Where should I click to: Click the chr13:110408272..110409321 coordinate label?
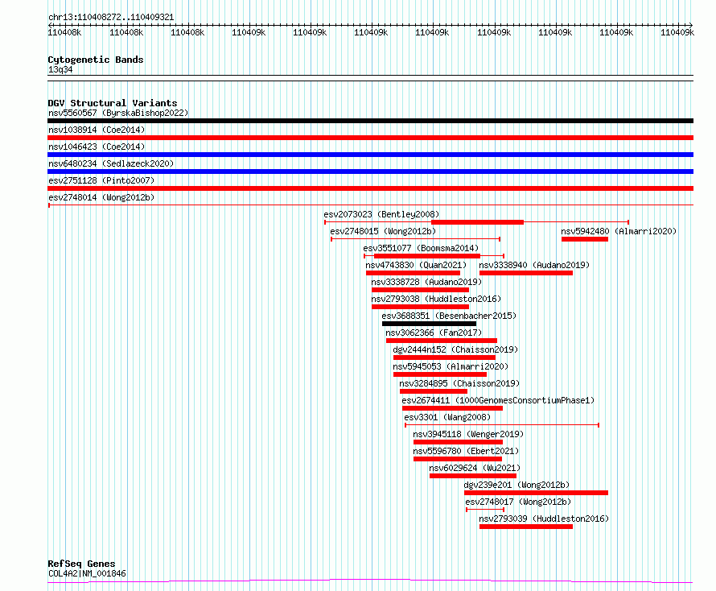click(111, 17)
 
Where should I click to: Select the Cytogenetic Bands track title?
click(95, 60)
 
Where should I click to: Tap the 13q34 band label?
click(60, 69)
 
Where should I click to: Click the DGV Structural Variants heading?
click(112, 103)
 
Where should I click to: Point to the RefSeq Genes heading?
click(81, 564)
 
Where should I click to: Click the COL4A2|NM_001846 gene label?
click(86, 573)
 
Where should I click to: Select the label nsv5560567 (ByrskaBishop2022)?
click(117, 113)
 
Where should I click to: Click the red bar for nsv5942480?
click(584, 238)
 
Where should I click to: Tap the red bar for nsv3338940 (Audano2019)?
click(525, 273)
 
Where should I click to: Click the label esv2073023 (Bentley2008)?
click(370, 214)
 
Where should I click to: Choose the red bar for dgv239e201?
click(536, 492)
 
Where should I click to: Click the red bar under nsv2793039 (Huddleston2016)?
click(525, 527)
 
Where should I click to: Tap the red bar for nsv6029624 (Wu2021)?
click(472, 476)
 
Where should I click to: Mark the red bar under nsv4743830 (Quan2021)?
click(413, 273)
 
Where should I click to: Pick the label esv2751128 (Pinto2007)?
click(101, 180)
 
